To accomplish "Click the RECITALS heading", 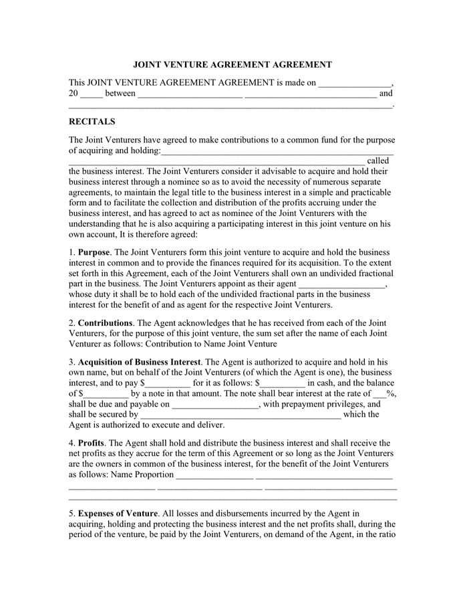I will (x=92, y=122).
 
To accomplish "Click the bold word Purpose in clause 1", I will (x=94, y=252).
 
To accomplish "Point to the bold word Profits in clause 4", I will (x=91, y=443).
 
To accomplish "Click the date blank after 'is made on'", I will (x=355, y=84).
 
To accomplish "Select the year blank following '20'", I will (x=92, y=94).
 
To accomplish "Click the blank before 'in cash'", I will (x=281, y=383).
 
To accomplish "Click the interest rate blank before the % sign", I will (x=380, y=394).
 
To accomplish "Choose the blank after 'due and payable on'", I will (x=216, y=405).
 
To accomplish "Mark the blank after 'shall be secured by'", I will (x=241, y=415).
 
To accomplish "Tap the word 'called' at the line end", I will (x=377, y=161).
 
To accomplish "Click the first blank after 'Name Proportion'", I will (x=214, y=475).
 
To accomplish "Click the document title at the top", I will (x=232, y=65).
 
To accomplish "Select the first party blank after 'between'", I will (x=190, y=94).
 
